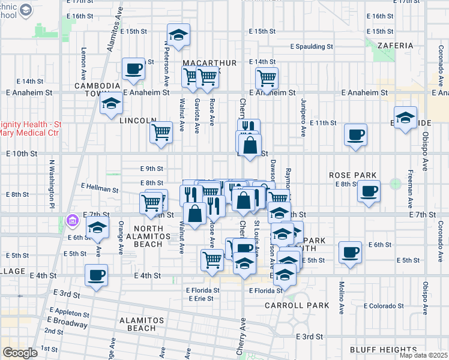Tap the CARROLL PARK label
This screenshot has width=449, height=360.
pos(297,305)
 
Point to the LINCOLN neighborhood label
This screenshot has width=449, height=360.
pos(138,121)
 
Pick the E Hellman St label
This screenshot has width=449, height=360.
pos(99,189)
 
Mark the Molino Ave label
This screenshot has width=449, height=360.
pos(340,294)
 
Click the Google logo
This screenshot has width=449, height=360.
pos(20,353)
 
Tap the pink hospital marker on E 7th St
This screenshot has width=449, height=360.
pos(73,221)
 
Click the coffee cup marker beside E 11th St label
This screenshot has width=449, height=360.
pos(355,134)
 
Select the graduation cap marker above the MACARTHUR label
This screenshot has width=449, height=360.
pos(178,35)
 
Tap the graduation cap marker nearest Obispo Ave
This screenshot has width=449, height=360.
pos(406,117)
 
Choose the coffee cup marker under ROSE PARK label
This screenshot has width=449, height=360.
pos(368,192)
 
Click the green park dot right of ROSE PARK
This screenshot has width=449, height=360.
pos(394,184)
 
